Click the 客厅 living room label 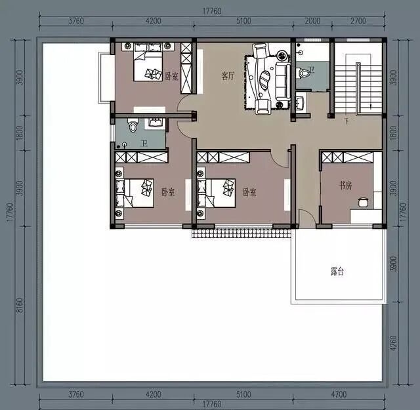tap(228, 76)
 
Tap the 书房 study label tap(346, 185)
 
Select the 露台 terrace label tap(337, 272)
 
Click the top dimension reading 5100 tap(243, 21)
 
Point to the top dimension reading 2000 tap(312, 21)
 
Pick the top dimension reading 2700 tap(358, 21)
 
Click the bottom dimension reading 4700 tap(339, 394)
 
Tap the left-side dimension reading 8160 tap(20, 306)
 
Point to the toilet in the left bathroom tap(133, 125)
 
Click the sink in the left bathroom tap(156, 123)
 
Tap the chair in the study tap(363, 203)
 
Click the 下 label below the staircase tap(347, 122)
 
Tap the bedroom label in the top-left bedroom tap(171, 76)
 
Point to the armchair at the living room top tap(261, 51)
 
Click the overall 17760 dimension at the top tap(212, 11)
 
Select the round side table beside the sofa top tap(282, 56)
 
